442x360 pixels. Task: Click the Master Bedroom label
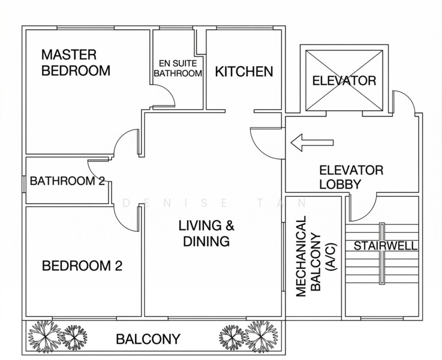[76, 62]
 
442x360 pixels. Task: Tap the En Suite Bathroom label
[178, 68]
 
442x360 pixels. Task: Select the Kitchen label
[244, 71]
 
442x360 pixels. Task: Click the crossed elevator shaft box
[344, 80]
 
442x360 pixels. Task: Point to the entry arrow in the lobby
[312, 142]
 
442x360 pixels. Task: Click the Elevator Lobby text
[351, 178]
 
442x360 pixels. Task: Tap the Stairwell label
[386, 246]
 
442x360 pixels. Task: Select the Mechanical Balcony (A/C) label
[316, 256]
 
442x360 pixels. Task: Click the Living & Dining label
[206, 233]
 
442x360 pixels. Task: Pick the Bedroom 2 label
[82, 266]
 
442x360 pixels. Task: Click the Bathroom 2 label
[67, 181]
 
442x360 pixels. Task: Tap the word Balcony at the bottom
[148, 339]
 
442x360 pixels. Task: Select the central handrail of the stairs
[382, 254]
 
